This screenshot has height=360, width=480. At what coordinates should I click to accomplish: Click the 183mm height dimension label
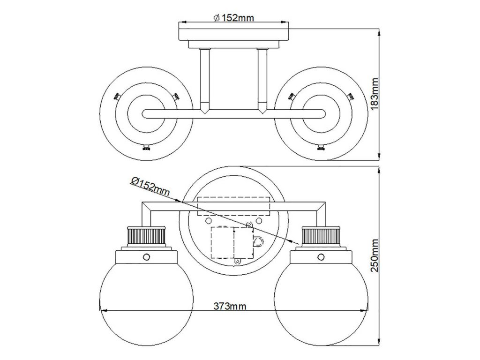coord(375,94)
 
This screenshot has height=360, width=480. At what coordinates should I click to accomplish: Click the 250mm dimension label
coord(375,255)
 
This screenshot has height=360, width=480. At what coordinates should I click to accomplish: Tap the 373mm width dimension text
coord(230,306)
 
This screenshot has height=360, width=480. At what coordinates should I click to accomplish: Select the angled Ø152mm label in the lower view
coord(150,187)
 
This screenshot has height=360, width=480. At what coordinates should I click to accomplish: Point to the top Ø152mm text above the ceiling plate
coord(233,18)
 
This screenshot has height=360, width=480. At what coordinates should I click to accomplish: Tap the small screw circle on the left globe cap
coord(147,256)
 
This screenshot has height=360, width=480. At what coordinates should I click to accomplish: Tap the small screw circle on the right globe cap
coord(321,256)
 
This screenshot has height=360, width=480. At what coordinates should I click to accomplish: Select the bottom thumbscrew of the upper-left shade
coord(146,148)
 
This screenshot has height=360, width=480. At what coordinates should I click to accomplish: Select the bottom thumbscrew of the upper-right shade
coord(321,148)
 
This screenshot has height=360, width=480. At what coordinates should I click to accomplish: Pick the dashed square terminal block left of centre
coord(223,242)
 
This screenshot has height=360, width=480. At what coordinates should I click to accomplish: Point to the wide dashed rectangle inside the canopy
coord(233,206)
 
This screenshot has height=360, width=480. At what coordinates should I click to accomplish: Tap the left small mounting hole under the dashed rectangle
coord(208,221)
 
